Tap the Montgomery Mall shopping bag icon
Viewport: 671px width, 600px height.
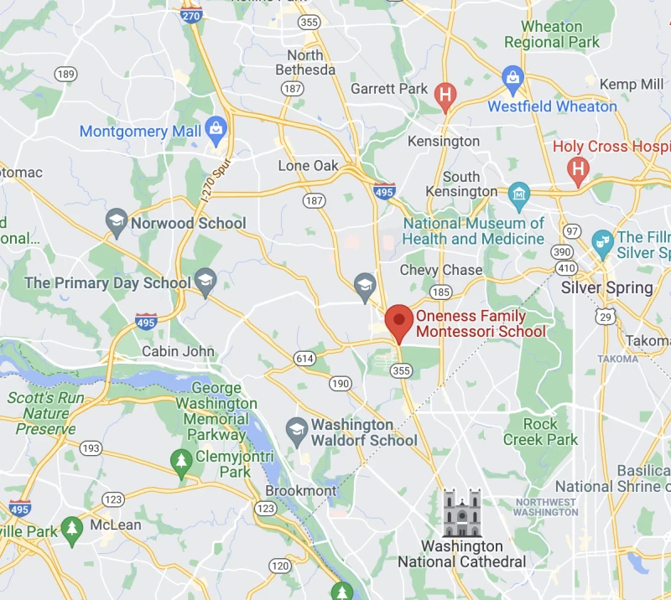click(217, 129)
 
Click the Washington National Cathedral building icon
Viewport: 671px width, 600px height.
click(461, 513)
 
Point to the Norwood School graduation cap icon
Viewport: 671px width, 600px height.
click(117, 223)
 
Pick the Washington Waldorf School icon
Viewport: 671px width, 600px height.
click(296, 431)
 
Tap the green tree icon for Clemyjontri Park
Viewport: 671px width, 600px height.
click(180, 460)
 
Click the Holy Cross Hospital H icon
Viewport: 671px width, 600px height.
click(577, 171)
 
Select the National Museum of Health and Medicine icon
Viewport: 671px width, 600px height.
click(519, 195)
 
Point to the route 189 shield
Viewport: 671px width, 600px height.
click(65, 74)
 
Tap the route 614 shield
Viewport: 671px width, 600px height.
click(304, 358)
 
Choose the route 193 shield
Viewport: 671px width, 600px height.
click(90, 449)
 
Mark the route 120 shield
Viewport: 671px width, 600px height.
click(279, 566)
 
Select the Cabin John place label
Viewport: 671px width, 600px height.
click(178, 351)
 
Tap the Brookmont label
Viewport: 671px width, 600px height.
click(301, 490)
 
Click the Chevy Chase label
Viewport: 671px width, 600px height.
click(441, 270)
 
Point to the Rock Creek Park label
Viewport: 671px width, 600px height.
click(540, 432)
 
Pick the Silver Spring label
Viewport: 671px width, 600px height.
click(606, 287)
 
